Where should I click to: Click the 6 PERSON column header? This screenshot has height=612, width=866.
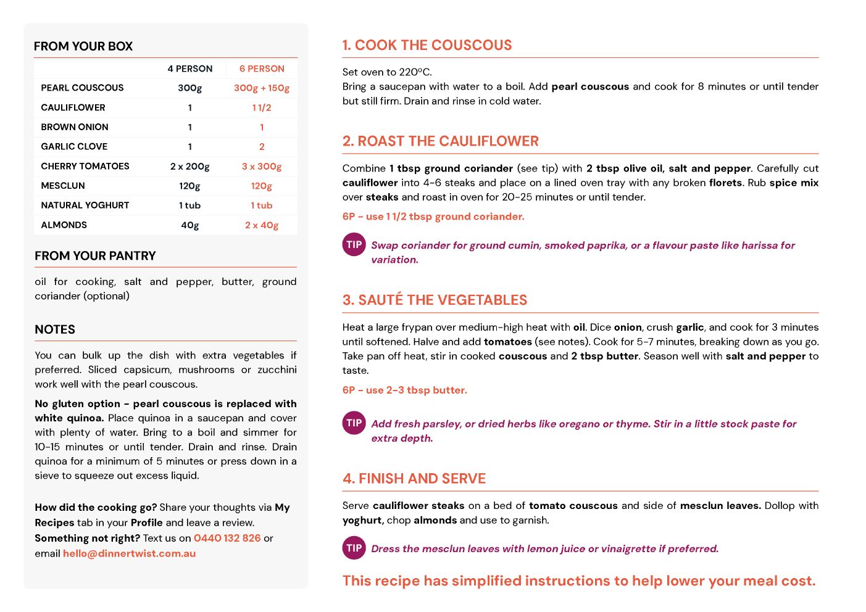262,68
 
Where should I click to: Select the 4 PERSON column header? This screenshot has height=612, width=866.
189,68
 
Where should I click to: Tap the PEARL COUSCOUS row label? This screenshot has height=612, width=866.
82,88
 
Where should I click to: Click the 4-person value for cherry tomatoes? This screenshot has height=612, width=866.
189,166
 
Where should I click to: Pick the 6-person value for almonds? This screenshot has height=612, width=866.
262,225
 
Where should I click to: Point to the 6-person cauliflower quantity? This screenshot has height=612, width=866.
262,107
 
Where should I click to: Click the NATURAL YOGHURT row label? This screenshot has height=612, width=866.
85,205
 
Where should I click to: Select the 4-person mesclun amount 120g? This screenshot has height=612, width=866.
189,186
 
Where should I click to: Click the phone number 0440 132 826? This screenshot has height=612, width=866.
227,538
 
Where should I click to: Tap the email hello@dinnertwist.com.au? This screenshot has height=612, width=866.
129,553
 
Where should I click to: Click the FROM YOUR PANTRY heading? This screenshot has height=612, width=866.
95,256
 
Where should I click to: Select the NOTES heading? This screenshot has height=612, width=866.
55,329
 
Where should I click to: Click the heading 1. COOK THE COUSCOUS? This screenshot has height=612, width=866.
427,45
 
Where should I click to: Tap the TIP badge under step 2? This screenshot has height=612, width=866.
354,245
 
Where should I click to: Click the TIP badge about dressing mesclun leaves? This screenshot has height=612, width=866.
354,548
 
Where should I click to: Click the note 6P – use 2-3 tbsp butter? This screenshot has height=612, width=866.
404,390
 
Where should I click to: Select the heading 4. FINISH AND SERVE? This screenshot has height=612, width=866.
414,479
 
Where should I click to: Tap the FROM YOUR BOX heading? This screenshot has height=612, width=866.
83,46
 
